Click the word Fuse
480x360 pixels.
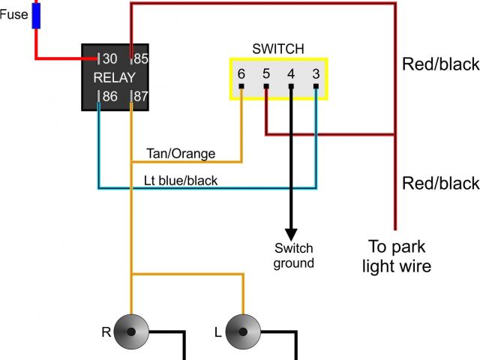click(x=13, y=13)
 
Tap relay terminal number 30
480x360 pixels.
click(x=109, y=58)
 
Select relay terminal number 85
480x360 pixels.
click(x=140, y=58)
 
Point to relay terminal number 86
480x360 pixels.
click(x=109, y=95)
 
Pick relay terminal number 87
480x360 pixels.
click(x=140, y=95)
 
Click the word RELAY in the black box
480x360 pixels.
click(x=114, y=77)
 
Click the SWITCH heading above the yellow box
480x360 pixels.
click(x=279, y=49)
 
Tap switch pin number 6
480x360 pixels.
click(x=241, y=74)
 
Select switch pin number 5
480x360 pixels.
click(x=266, y=74)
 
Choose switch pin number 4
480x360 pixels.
click(x=291, y=74)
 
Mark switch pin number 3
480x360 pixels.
click(x=316, y=74)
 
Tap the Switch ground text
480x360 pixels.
click(x=293, y=256)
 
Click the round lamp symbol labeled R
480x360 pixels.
click(x=132, y=331)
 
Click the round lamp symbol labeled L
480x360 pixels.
click(x=244, y=331)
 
